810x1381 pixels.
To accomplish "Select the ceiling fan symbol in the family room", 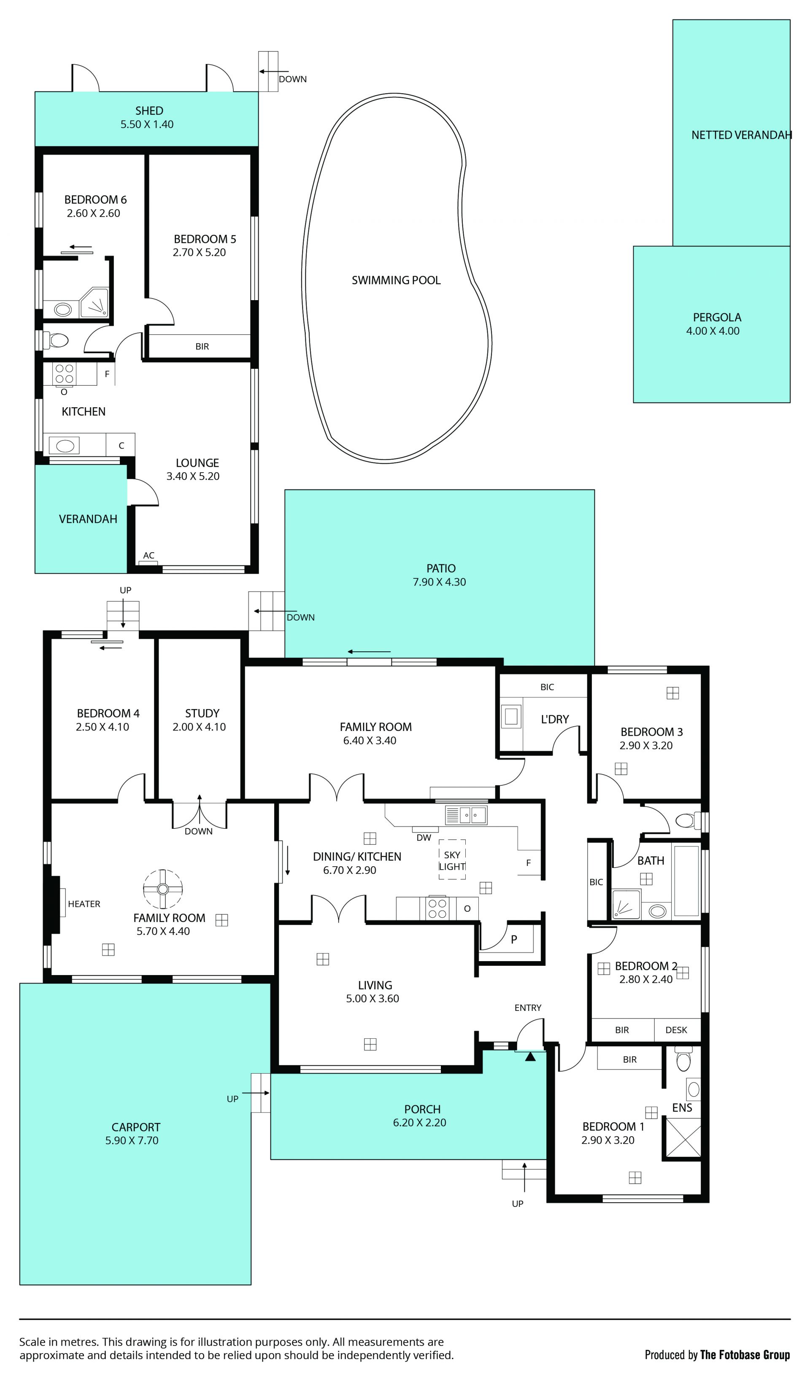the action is (163, 889).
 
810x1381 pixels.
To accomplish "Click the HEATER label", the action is (84, 904).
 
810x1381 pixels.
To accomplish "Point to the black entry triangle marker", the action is (530, 1056).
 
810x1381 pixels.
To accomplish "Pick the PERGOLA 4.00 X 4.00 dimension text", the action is (713, 331).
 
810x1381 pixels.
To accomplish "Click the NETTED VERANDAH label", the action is (742, 135).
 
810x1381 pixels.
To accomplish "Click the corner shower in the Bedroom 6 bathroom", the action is (94, 303).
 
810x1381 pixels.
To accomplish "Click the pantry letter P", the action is (514, 939).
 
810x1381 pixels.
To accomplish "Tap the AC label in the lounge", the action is (148, 555).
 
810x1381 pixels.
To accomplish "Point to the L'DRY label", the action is (555, 719).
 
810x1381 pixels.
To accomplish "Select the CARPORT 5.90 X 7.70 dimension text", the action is (132, 1140).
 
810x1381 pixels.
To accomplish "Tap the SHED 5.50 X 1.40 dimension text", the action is (147, 124).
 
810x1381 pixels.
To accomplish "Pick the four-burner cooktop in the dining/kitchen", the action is (437, 908).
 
